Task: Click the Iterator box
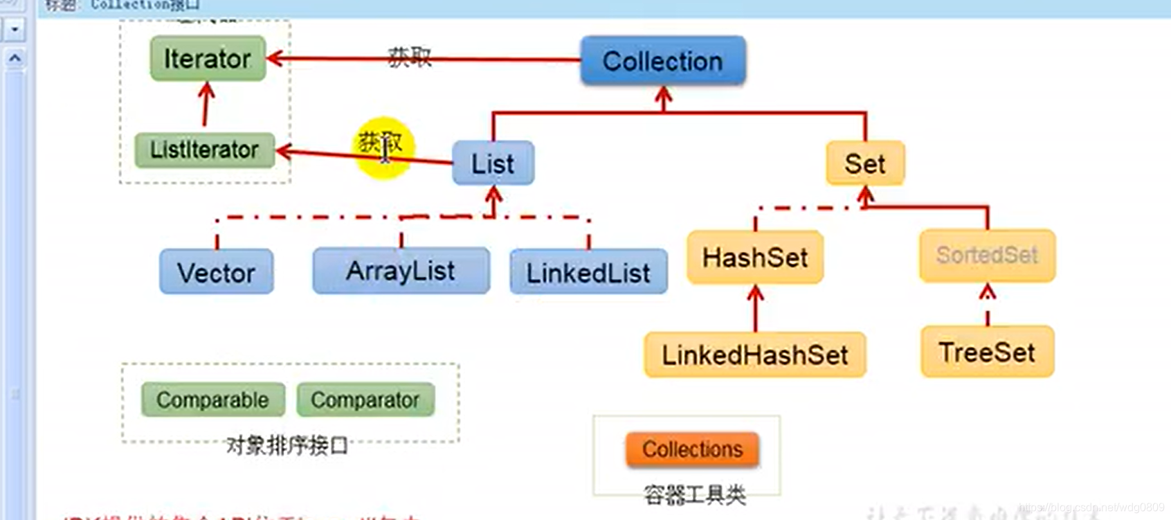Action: pos(208,59)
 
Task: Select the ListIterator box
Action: pos(204,150)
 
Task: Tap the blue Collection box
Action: pos(662,61)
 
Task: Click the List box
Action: pos(493,163)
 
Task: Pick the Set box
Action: pos(865,163)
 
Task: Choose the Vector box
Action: pos(216,272)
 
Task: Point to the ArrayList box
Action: pos(401,271)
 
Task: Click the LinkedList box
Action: pos(588,272)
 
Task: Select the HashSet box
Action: pos(755,258)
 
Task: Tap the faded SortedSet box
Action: pos(987,255)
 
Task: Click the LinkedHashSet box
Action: pos(754,355)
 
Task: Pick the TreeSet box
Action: pos(987,352)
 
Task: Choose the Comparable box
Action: pos(212,400)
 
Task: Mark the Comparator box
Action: pos(365,400)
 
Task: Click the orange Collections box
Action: pos(692,449)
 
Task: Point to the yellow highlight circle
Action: pos(384,147)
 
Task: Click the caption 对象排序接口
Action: pos(287,445)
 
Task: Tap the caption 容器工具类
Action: pos(694,494)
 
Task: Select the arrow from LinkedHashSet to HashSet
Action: pos(755,308)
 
